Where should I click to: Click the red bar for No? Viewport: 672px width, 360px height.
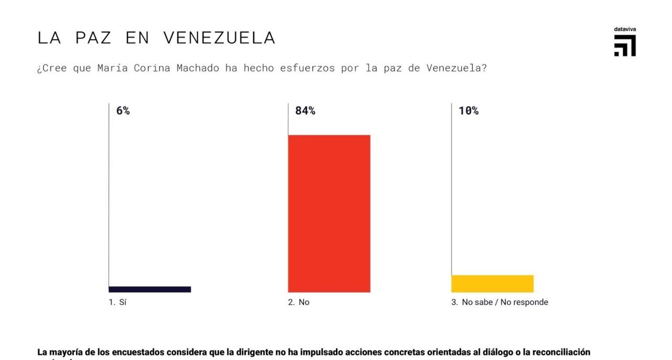click(x=329, y=214)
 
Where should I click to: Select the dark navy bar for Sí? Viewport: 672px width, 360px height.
click(x=150, y=289)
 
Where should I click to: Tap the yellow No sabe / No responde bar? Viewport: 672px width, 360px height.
click(x=492, y=283)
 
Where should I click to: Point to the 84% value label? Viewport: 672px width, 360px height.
click(x=305, y=111)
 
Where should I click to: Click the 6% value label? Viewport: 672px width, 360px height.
click(x=123, y=111)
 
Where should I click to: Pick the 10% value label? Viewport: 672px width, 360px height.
click(x=468, y=111)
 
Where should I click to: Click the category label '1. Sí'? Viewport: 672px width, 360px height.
click(x=118, y=302)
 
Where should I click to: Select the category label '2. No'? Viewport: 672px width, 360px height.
click(x=299, y=302)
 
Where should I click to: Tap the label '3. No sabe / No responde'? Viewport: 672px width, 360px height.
click(x=500, y=302)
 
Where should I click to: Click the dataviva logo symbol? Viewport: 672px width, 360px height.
click(x=625, y=46)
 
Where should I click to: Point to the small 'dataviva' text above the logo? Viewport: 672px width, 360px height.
click(x=625, y=29)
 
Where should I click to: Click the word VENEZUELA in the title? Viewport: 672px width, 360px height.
click(x=219, y=38)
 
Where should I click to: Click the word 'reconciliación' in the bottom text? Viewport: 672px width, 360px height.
click(x=561, y=352)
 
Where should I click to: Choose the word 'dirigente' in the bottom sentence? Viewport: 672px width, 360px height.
click(x=255, y=352)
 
